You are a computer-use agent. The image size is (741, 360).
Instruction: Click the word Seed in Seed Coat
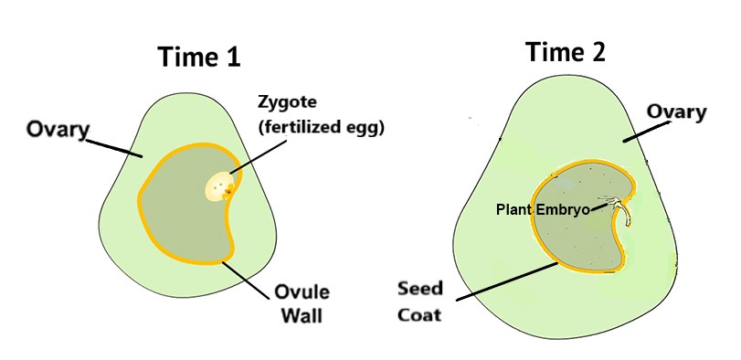[420, 289]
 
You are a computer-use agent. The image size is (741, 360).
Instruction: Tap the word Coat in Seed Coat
[420, 314]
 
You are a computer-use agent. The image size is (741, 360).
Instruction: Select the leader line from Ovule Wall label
[249, 276]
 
